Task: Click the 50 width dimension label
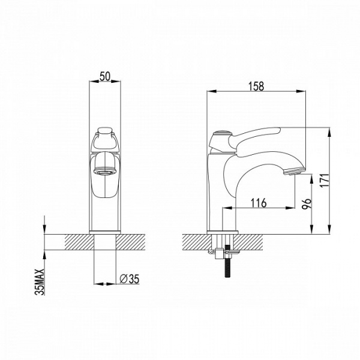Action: (x=105, y=76)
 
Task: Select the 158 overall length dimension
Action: (x=256, y=86)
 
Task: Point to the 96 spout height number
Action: (x=307, y=203)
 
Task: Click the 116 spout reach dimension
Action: (x=258, y=203)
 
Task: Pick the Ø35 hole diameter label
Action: (x=130, y=279)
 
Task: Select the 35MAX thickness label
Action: (x=39, y=282)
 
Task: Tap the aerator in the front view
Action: (x=104, y=172)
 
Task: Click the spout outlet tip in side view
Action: (x=295, y=171)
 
